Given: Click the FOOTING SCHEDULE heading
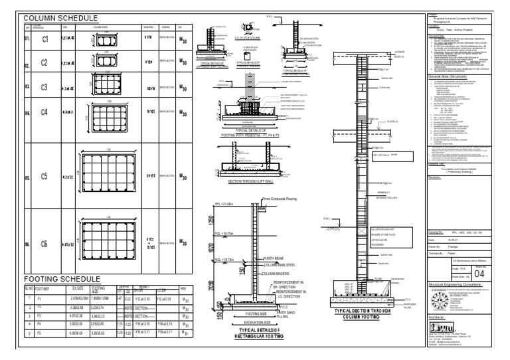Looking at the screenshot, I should coord(62,278).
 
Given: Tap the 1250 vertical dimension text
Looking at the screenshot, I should coord(211,221).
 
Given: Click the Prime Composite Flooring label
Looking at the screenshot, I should coord(282,198).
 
